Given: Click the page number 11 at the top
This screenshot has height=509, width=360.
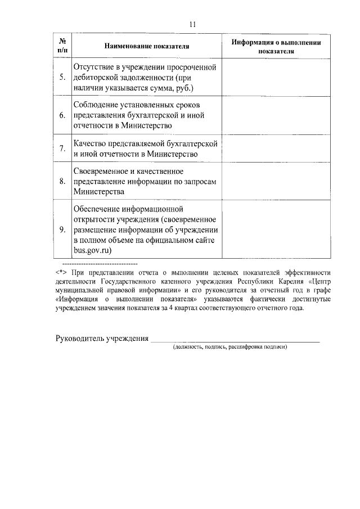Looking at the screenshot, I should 192,24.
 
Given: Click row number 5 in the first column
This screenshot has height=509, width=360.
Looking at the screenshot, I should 63,77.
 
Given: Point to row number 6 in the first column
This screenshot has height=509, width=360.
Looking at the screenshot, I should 63,115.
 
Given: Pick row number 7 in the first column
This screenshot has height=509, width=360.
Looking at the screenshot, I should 63,148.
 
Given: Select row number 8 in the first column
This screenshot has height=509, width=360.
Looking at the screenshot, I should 63,181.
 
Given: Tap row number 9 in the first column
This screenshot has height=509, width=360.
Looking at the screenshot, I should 63,229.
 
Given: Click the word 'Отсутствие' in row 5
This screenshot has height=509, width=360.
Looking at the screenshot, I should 94,67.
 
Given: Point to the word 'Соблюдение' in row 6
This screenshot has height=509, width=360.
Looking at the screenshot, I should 96,105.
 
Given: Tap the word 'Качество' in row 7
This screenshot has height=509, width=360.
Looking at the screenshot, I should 89,143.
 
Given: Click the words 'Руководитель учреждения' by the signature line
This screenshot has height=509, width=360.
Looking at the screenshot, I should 102,338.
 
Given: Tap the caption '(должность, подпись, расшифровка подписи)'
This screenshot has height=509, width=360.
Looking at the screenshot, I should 231,347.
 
